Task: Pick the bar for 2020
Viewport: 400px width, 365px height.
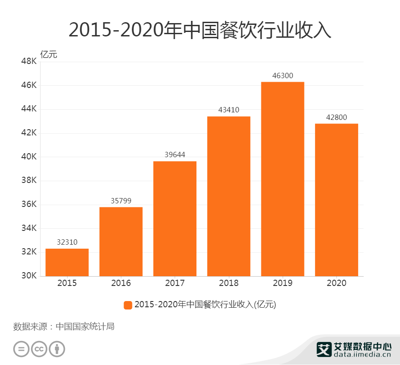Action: tap(336, 200)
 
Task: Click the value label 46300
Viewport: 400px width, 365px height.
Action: tap(283, 76)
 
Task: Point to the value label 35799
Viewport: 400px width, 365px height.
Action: tap(121, 201)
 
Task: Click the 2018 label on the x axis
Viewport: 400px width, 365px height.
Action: tap(228, 283)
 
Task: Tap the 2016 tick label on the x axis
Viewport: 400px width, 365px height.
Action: tap(121, 283)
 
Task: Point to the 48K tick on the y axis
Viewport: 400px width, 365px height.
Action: tap(29, 61)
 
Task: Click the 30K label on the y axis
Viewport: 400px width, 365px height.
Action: tap(29, 276)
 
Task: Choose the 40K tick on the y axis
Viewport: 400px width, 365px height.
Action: tap(29, 157)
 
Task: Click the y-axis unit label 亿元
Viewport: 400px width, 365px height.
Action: tap(49, 55)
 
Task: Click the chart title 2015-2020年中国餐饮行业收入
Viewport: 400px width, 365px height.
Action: tap(200, 30)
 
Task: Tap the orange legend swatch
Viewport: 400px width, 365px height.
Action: tap(128, 305)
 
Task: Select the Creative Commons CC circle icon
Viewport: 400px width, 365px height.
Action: tap(39, 349)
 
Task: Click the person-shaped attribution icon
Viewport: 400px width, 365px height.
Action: tap(57, 349)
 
